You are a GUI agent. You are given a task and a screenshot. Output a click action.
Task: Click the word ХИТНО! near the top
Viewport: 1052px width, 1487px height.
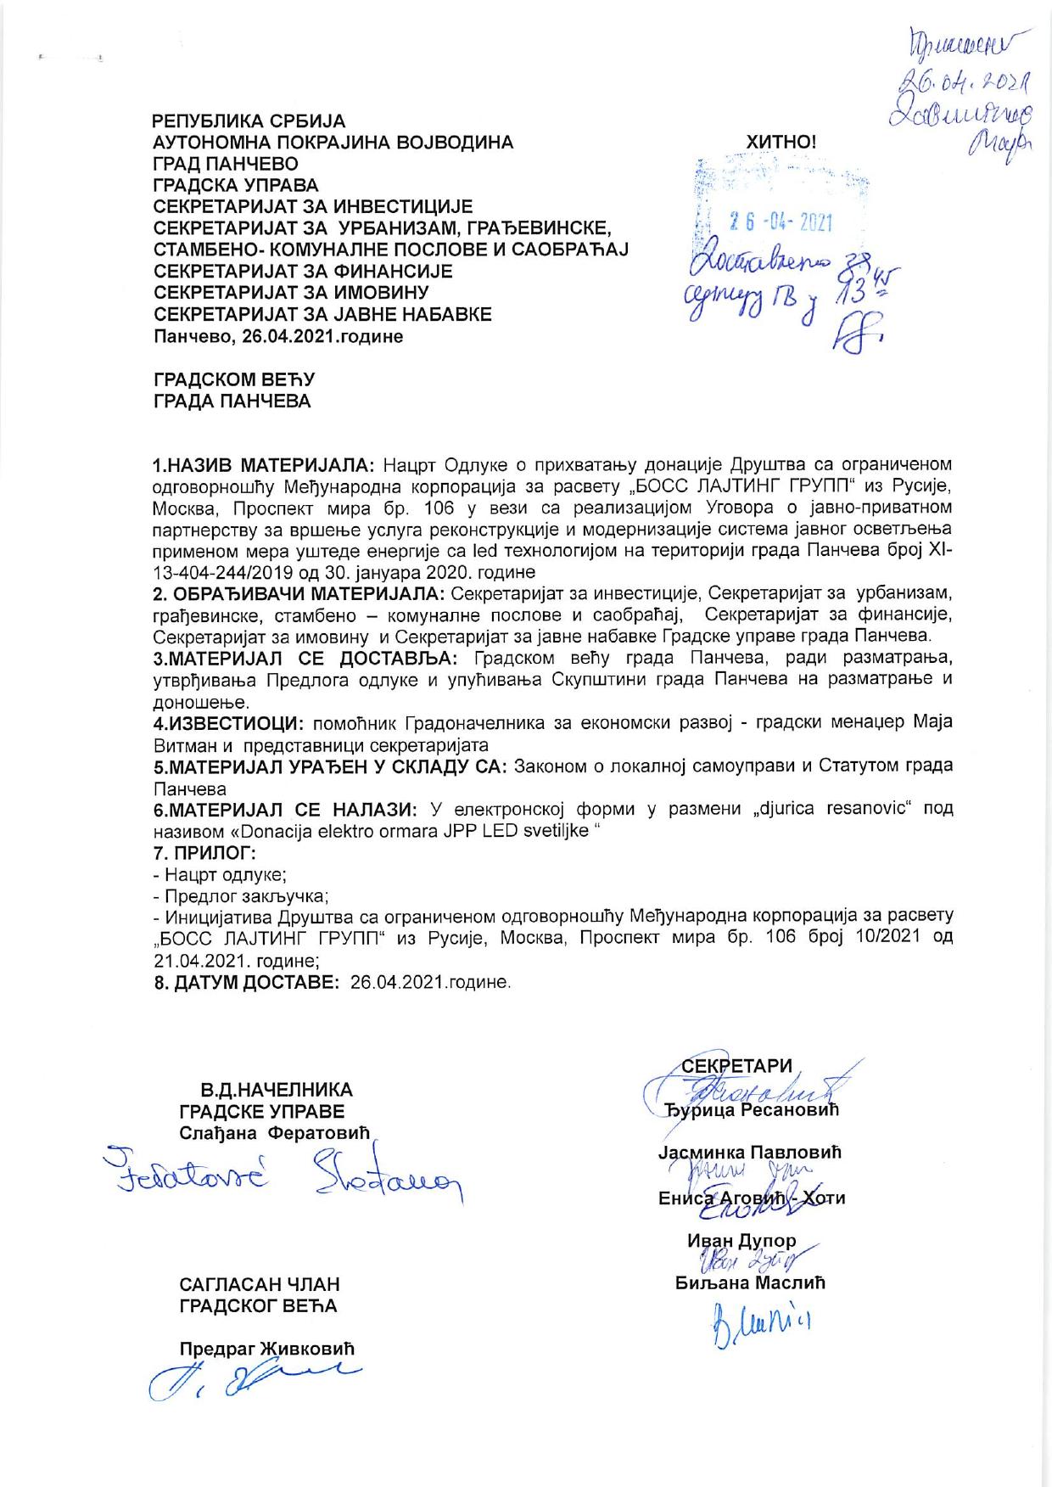coord(781,143)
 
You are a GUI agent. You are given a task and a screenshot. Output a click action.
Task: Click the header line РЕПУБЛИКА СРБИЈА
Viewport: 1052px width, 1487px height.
coord(249,121)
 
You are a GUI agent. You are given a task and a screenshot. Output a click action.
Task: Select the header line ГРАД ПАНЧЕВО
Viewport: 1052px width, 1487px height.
coord(225,164)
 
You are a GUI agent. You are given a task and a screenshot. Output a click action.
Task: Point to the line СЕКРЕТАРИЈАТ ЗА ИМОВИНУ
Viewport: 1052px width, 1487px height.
coord(291,294)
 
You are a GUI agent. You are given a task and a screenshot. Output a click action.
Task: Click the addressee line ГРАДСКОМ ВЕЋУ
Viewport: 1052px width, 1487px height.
coord(233,379)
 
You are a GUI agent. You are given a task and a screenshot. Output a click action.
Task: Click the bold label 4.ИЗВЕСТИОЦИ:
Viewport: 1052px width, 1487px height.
coord(228,722)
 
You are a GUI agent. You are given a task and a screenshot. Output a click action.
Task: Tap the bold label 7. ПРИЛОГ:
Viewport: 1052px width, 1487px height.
coord(204,851)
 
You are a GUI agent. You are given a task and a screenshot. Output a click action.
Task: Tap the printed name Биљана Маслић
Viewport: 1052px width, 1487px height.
coord(750,1282)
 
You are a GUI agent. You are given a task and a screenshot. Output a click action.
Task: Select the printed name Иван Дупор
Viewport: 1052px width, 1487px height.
coord(741,1241)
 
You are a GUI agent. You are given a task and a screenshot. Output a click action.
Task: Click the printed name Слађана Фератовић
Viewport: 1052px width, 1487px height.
coord(276,1133)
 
